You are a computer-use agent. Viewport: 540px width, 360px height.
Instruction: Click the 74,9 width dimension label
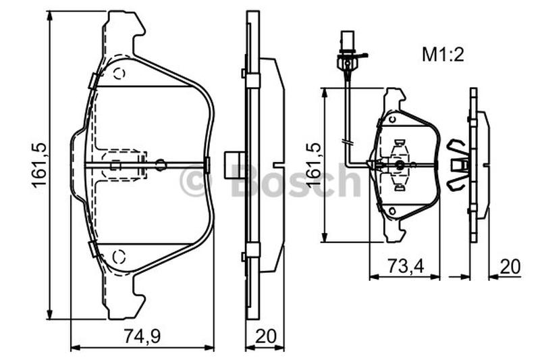(x=142, y=336)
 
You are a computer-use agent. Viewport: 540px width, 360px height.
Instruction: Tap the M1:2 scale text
(x=443, y=55)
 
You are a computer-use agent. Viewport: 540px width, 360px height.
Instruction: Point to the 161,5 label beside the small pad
(x=313, y=165)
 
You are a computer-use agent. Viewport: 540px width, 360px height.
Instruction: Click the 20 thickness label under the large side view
(x=266, y=336)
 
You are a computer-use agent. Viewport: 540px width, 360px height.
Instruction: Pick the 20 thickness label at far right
(x=510, y=266)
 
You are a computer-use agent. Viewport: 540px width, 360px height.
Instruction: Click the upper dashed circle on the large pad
(x=119, y=74)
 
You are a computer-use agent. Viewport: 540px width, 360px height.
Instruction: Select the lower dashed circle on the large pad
(x=119, y=257)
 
